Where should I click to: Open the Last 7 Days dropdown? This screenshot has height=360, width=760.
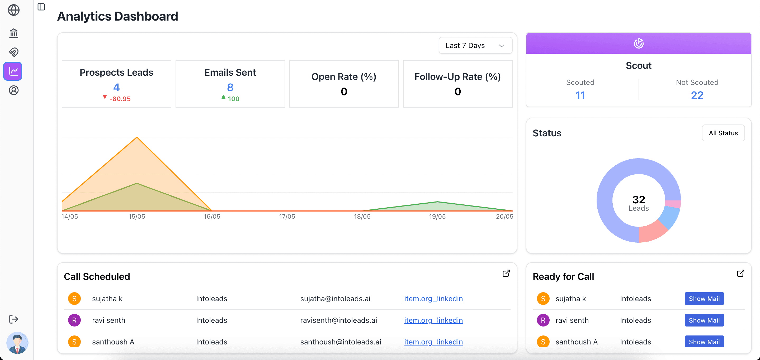coord(475,46)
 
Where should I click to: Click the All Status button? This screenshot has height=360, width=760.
coord(723,133)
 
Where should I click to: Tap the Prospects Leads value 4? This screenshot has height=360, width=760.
coord(116,87)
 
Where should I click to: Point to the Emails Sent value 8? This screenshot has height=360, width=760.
coord(230,87)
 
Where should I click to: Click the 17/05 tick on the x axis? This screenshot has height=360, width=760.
coord(287,217)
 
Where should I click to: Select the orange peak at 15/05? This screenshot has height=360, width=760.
coord(137,138)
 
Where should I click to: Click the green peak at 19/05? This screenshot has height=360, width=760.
coord(437,202)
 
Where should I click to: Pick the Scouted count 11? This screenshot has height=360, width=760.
coord(580,95)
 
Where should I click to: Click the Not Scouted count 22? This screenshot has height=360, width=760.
coord(697,95)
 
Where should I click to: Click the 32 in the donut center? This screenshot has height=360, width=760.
coord(639,200)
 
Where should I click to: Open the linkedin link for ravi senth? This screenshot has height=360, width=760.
coord(433,320)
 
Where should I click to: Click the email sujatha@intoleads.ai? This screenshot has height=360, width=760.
coord(335,299)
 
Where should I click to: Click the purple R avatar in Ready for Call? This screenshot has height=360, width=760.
coord(543,320)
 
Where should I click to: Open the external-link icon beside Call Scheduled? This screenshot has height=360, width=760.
coord(506,273)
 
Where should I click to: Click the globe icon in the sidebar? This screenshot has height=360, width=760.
coord(13,10)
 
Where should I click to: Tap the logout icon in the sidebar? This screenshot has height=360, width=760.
coord(13,319)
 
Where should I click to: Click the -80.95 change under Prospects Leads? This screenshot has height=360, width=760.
coord(120,99)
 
